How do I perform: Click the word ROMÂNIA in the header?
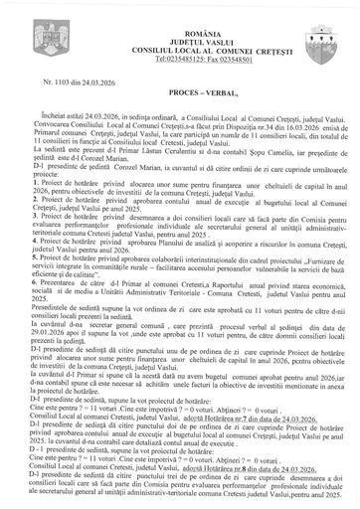point(178,9)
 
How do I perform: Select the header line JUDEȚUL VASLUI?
point(178,19)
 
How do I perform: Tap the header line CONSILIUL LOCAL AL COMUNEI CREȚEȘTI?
point(178,31)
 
